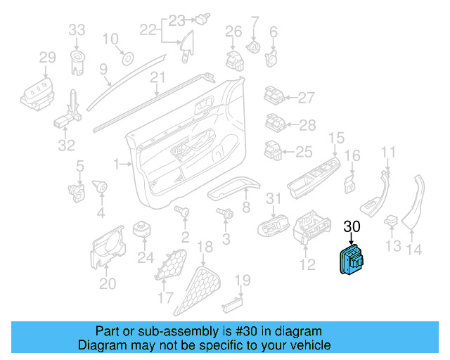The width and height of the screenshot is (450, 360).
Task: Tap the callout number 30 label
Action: tap(352, 226)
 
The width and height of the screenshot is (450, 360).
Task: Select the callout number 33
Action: tap(77, 30)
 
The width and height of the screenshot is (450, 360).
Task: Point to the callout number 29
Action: tap(46, 57)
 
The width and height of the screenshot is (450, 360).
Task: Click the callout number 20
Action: tap(107, 283)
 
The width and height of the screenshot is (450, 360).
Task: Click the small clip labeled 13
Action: tap(392, 224)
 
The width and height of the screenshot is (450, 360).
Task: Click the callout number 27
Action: tap(306, 98)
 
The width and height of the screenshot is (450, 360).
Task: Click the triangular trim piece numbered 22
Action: tap(188, 44)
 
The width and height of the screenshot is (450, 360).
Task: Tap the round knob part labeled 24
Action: tap(144, 230)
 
